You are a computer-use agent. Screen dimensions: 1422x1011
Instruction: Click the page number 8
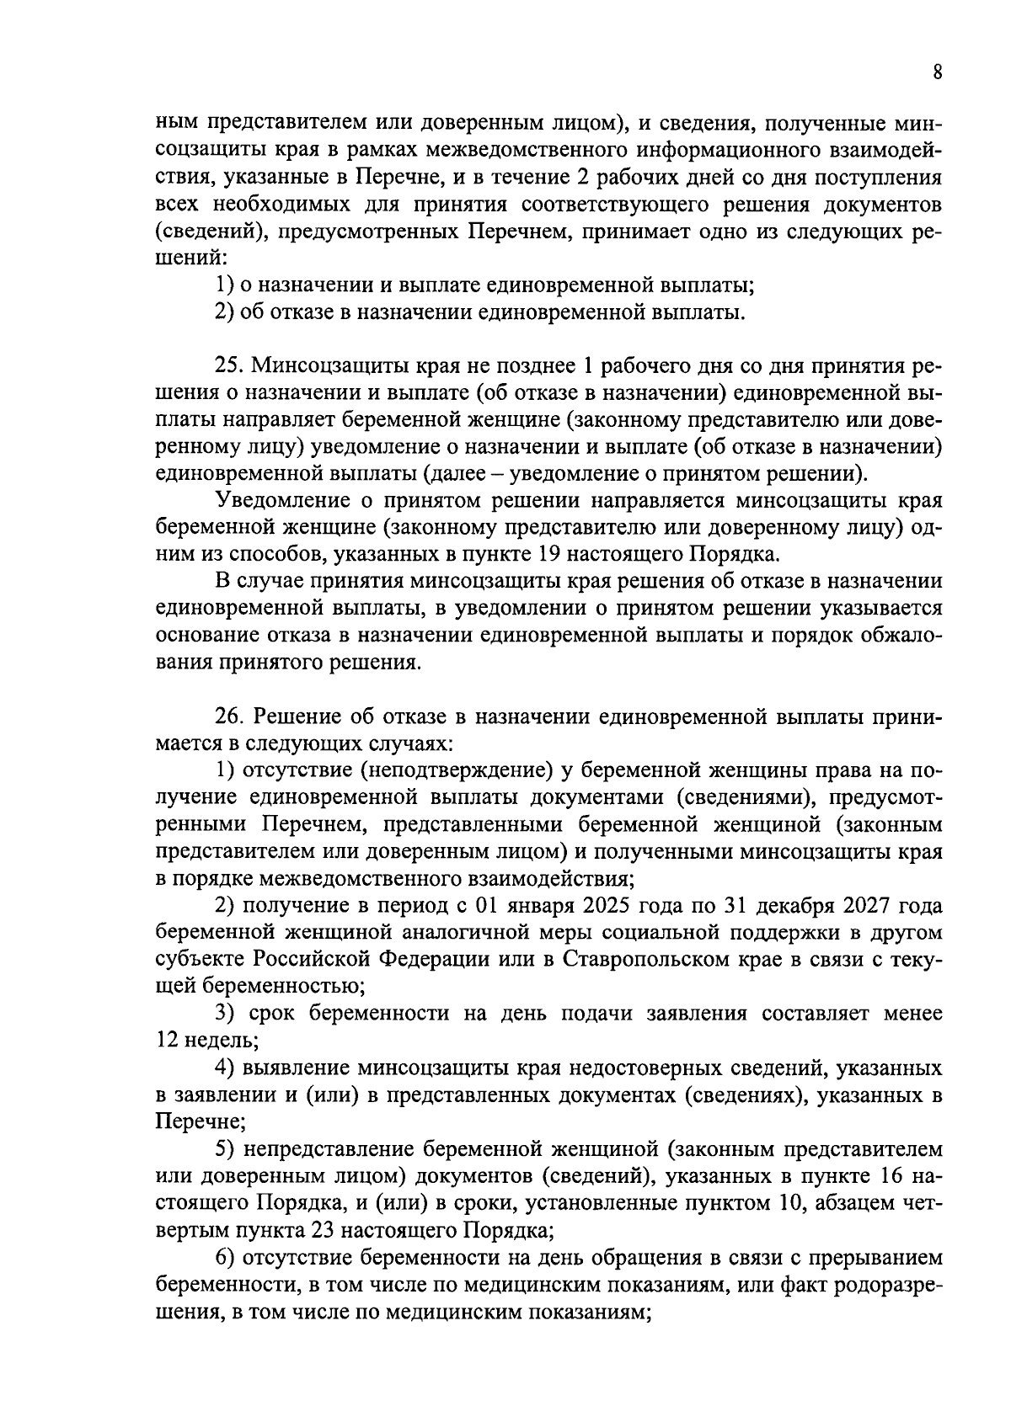(937, 72)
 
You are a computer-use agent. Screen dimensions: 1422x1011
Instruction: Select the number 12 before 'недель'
(167, 1041)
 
